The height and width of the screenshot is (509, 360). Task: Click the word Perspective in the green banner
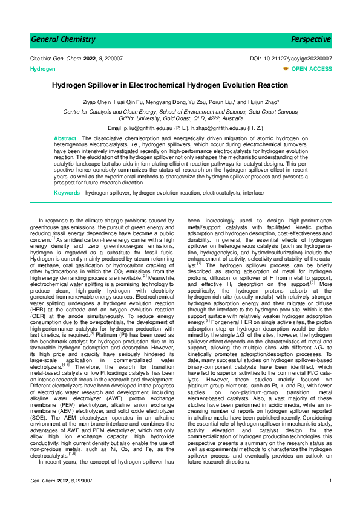point(311,39)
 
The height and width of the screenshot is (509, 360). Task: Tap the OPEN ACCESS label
point(312,69)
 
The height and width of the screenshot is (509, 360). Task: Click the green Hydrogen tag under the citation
point(42,70)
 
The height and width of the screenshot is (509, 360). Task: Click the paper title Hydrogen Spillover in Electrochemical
point(180,86)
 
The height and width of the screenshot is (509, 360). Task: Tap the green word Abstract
point(65,138)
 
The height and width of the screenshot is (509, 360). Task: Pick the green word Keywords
point(67,192)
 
